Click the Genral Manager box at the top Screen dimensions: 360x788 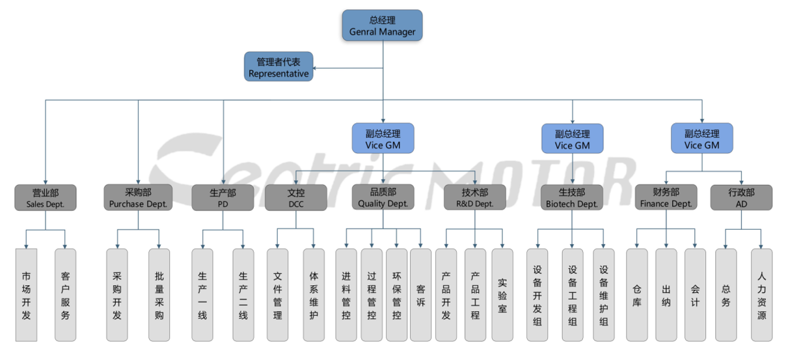(x=383, y=25)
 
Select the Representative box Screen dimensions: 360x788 (x=279, y=67)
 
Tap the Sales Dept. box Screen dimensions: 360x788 (x=46, y=198)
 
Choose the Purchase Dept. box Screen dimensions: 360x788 (x=138, y=197)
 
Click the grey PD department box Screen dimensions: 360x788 (x=223, y=198)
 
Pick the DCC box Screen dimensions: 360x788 (x=295, y=198)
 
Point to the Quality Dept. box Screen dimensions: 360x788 (x=383, y=197)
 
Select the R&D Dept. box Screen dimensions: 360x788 (x=474, y=198)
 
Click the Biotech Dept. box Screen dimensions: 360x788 (x=572, y=198)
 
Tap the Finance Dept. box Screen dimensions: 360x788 (x=666, y=197)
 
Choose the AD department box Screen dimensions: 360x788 (x=741, y=198)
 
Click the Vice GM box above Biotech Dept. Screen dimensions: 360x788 (x=572, y=139)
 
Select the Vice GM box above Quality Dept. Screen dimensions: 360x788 (x=383, y=139)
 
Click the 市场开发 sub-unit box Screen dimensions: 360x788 (x=26, y=295)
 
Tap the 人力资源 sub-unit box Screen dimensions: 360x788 (x=761, y=295)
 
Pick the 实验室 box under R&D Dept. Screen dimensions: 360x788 (x=502, y=295)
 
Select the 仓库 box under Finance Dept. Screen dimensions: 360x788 (x=637, y=295)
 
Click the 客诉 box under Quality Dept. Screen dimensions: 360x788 (x=421, y=295)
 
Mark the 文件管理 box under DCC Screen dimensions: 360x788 (x=278, y=295)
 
